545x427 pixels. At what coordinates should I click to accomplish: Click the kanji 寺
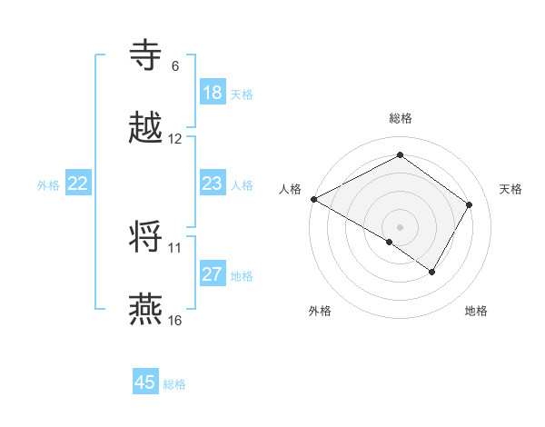click(x=147, y=55)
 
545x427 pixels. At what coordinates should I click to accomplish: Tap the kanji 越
click(x=147, y=128)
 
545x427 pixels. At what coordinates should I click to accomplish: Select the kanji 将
click(x=147, y=237)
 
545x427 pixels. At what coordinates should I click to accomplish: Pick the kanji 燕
click(x=147, y=310)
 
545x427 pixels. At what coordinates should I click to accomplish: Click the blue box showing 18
click(x=212, y=93)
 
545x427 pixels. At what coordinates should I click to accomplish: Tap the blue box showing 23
click(x=212, y=184)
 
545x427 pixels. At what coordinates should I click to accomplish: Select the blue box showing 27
click(x=212, y=274)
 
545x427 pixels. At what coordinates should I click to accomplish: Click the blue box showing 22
click(x=77, y=184)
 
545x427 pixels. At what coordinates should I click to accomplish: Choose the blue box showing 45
click(x=145, y=382)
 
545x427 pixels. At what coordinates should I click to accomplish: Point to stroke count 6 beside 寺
click(x=175, y=66)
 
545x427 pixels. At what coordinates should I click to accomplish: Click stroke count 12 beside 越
click(x=175, y=139)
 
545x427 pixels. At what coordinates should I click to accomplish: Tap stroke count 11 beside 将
click(x=175, y=247)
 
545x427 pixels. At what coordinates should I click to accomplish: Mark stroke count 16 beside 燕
click(x=175, y=321)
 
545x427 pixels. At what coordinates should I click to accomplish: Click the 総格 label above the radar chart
click(x=400, y=119)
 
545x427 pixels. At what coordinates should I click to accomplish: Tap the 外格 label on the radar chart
click(x=320, y=311)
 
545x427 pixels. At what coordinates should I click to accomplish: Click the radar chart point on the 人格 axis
click(x=313, y=199)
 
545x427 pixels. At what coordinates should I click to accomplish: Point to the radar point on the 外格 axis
click(x=390, y=242)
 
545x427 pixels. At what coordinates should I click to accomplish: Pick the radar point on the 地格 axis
click(x=432, y=272)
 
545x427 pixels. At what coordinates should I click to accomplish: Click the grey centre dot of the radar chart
click(x=400, y=226)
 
